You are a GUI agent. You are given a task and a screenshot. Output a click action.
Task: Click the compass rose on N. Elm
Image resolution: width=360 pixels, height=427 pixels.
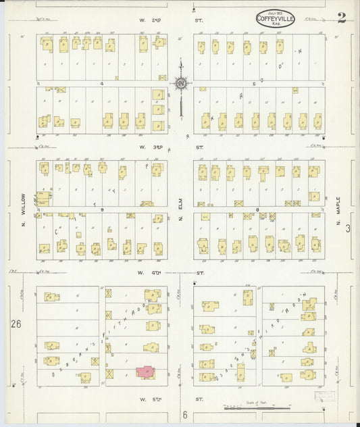point(181,84)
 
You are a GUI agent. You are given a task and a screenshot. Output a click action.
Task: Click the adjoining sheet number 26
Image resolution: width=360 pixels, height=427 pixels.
point(16,324)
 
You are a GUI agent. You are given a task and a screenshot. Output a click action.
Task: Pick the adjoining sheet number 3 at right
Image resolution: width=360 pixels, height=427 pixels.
point(349,230)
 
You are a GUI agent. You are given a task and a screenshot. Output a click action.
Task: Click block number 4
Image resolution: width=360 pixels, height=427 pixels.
point(101,84)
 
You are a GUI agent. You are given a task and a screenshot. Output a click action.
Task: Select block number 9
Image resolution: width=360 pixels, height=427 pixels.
point(102,210)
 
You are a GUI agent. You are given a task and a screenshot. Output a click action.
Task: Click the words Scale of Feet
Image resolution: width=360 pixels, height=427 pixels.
point(257,402)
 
